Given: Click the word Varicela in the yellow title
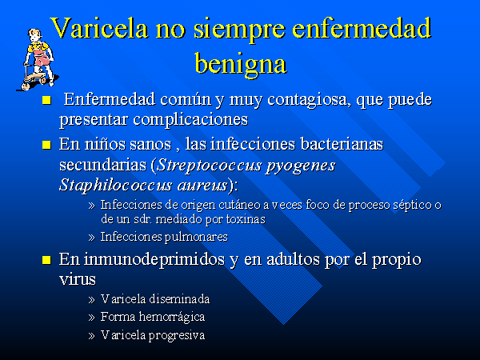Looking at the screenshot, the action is [100, 27].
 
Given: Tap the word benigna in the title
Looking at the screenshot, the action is [241, 64].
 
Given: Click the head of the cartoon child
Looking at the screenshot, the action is [35, 36].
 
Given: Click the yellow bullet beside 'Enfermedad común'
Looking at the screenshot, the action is [46, 101].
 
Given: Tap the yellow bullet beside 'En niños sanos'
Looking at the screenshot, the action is [46, 145].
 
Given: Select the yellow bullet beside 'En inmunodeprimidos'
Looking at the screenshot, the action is [46, 260].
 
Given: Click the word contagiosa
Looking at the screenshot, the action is [309, 100].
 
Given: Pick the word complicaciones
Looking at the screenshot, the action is [190, 120].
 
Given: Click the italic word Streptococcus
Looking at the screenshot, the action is [210, 166].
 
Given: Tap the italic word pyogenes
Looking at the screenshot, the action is [300, 166].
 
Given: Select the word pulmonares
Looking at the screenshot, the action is [197, 238].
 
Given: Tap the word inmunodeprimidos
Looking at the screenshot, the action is [154, 260].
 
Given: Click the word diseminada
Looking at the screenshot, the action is [179, 299].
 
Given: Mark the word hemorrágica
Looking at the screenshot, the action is [172, 317].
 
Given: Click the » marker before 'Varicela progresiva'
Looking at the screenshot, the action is [91, 336].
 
